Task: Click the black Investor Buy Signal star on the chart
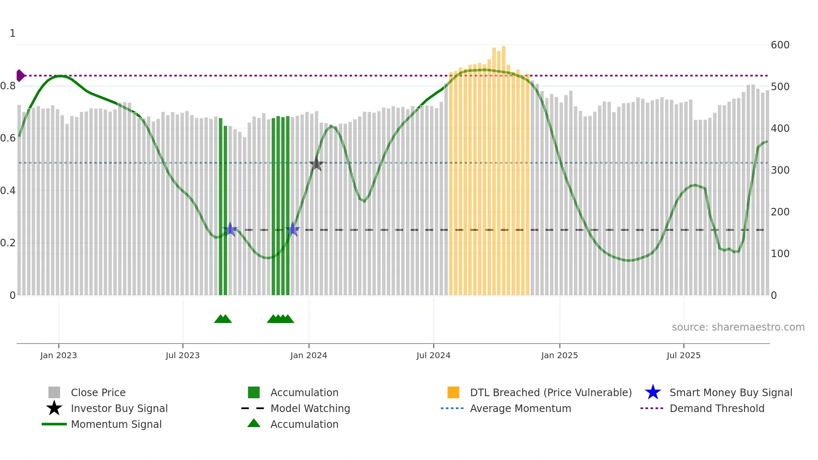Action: (x=316, y=164)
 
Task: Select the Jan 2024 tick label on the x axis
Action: (x=308, y=355)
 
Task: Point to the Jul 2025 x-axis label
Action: (x=683, y=355)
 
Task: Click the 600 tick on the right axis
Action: (x=780, y=45)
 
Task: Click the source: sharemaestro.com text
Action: (x=738, y=327)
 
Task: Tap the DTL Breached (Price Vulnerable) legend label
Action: (x=550, y=392)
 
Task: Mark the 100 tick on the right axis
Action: (x=780, y=254)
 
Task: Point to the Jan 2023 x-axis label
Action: (x=58, y=355)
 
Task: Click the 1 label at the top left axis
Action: (x=13, y=33)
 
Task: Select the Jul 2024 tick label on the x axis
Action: (x=433, y=355)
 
